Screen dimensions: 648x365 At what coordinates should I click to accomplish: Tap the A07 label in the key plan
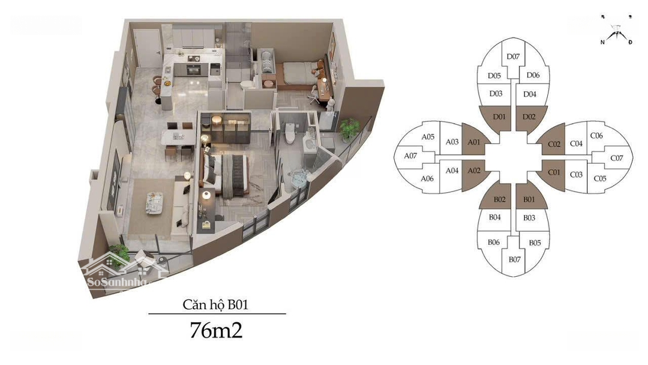click(x=410, y=156)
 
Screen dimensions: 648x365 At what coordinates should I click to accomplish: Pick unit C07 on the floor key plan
click(x=617, y=158)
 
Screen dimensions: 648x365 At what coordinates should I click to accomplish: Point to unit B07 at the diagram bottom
click(x=515, y=259)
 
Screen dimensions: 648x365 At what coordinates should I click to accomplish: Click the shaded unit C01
click(x=553, y=173)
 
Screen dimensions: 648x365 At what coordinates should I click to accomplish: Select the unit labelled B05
click(x=535, y=243)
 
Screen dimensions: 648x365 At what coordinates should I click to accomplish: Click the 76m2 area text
click(x=216, y=330)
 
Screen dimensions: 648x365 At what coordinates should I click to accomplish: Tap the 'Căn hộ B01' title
click(x=215, y=304)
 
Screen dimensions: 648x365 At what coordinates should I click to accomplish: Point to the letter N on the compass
click(x=602, y=42)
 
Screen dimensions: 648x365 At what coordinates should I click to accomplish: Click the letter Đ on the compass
click(x=630, y=42)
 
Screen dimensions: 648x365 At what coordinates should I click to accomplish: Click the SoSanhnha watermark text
click(x=117, y=282)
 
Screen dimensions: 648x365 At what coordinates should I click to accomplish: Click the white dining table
click(x=178, y=137)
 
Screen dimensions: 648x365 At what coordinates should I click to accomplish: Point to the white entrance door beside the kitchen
click(x=148, y=49)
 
